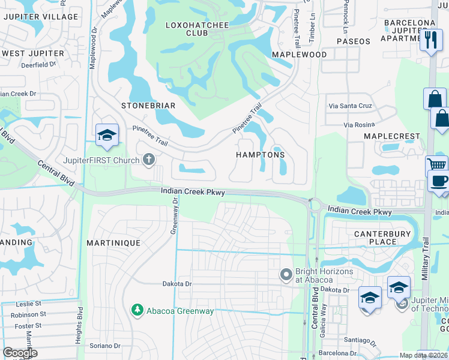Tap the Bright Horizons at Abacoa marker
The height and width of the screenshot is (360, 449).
pyautogui.click(x=286, y=275)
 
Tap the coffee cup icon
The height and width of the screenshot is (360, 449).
pyautogui.click(x=439, y=181)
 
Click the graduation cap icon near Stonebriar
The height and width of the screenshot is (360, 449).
pyautogui.click(x=107, y=135)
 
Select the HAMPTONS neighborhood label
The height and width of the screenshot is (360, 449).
pyautogui.click(x=260, y=154)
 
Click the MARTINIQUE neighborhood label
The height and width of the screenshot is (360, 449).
pyautogui.click(x=113, y=243)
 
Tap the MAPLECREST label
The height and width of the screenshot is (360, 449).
pyautogui.click(x=392, y=136)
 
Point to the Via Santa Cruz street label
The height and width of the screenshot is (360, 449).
pyautogui.click(x=350, y=106)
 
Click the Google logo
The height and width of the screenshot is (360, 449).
pyautogui.click(x=20, y=353)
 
